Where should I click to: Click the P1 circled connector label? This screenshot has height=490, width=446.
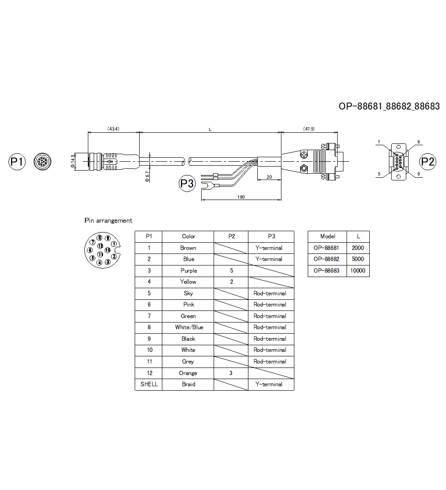click(x=17, y=162)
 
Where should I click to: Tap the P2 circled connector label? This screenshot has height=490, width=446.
click(x=428, y=161)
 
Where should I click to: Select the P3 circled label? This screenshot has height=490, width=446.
click(x=187, y=184)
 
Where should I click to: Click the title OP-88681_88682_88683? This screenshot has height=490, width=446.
click(x=389, y=106)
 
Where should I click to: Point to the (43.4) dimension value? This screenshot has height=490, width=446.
click(x=113, y=129)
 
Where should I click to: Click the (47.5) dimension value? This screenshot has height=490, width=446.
click(x=309, y=129)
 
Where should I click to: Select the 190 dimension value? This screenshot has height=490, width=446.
click(x=241, y=196)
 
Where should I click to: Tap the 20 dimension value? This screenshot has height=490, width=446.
click(x=269, y=176)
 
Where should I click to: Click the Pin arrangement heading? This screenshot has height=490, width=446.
click(x=108, y=220)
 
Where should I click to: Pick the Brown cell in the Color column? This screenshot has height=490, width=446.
click(x=188, y=248)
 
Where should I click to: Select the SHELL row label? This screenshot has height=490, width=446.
click(x=149, y=384)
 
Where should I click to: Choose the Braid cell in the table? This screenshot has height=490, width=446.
click(x=188, y=384)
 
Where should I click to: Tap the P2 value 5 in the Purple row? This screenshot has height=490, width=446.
click(x=231, y=270)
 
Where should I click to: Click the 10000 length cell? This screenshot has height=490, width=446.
click(x=358, y=270)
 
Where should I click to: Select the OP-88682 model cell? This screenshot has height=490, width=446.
click(x=326, y=259)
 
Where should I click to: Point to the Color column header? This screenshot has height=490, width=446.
click(x=188, y=236)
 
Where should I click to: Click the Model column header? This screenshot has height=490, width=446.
click(x=327, y=236)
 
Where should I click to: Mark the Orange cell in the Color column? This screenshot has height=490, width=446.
click(x=188, y=373)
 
